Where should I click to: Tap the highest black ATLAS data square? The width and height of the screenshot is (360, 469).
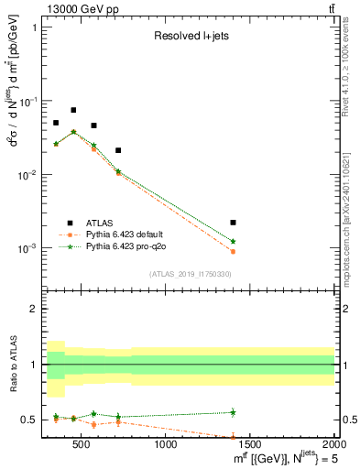point(73,110)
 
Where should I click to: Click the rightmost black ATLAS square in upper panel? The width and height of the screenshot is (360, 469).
point(233,223)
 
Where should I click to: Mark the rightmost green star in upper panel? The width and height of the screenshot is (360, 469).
point(233,241)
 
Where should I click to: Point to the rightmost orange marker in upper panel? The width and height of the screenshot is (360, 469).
point(233,251)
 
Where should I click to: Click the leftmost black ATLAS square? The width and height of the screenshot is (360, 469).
point(56,123)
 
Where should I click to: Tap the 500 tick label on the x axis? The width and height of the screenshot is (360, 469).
point(81,445)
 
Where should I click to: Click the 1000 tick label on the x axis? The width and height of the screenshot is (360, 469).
point(166,445)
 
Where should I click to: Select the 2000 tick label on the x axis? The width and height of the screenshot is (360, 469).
point(329,445)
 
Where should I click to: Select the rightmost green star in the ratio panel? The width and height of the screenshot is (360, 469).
point(233,412)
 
